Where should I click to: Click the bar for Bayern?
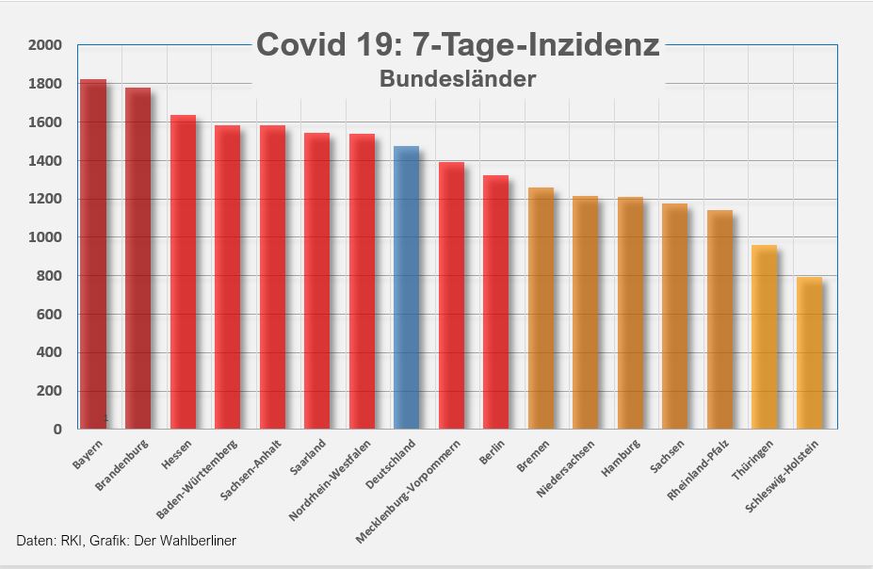coord(92,254)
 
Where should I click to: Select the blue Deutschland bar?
coord(406,287)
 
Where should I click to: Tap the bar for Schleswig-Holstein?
coord(809,353)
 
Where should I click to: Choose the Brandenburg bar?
coord(137,258)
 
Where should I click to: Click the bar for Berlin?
coord(495,302)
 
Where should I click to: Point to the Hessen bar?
coord(183,272)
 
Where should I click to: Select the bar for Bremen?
coord(541,308)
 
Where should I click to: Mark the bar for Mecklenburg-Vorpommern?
coord(451,296)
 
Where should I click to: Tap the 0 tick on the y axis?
coord(57,430)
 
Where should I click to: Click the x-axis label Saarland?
coord(310,457)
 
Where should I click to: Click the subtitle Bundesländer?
coord(458,79)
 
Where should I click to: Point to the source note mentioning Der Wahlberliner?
coord(126,540)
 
